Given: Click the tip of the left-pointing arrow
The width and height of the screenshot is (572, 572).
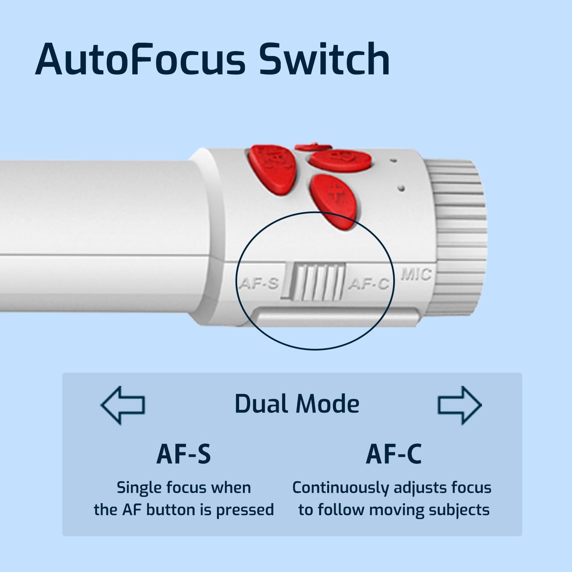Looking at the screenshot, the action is pos(101,405).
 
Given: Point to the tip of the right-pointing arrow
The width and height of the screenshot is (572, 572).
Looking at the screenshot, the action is pos(482,405).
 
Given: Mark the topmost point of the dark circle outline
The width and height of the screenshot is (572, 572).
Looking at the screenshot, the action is pos(315,212).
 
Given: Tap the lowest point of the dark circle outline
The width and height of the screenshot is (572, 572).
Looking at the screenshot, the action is pos(315,349).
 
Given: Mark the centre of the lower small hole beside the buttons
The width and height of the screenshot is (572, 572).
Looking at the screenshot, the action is pos(401,188).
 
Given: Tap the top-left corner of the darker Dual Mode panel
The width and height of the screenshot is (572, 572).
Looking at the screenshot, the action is pos(63,373).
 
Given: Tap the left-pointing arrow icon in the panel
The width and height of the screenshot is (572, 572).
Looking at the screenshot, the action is pos(122,405).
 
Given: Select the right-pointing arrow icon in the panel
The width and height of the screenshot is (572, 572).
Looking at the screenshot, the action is pos(460,405).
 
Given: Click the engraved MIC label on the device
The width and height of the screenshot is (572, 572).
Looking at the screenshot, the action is pos(416,275).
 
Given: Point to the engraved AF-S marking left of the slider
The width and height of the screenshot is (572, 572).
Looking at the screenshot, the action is pos(259,284).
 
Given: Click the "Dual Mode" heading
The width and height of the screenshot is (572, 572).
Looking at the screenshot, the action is pos(297,404).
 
